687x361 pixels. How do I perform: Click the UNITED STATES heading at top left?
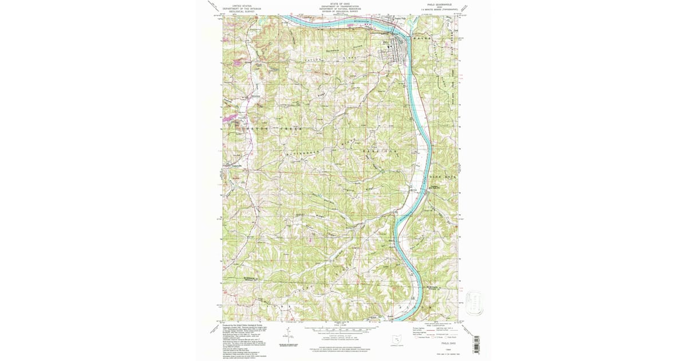click(238, 5)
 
